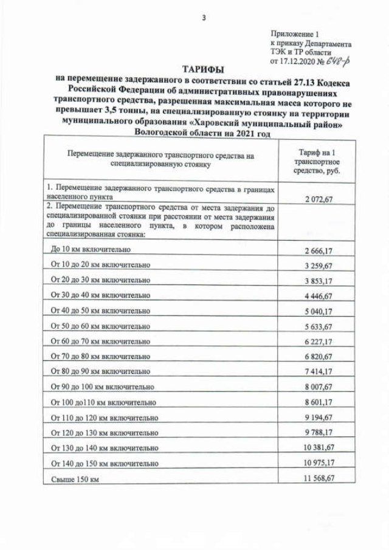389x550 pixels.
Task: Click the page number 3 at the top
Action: [204, 18]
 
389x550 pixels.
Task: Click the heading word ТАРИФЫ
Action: [203, 69]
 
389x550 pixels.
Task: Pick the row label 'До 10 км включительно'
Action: [90, 250]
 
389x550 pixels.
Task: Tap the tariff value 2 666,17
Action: [316, 250]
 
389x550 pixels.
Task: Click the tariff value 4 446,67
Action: [316, 295]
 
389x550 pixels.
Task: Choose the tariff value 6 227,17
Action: [316, 341]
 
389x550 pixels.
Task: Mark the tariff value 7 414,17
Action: [316, 371]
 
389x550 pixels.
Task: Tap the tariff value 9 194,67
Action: [316, 418]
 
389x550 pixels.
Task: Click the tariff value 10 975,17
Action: [316, 463]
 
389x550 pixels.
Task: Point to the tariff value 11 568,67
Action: [316, 478]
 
